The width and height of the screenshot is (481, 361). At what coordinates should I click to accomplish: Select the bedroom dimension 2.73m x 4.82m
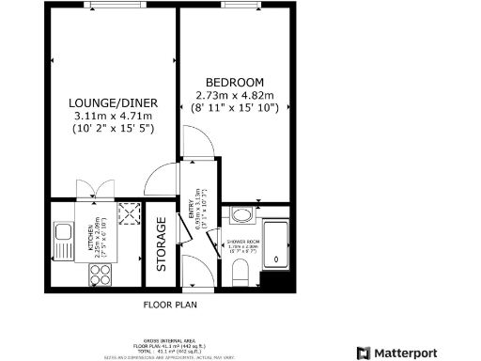click(x=235, y=95)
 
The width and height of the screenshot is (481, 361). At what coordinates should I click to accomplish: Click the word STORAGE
click(x=162, y=244)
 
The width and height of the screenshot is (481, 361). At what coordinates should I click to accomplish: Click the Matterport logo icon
click(x=363, y=353)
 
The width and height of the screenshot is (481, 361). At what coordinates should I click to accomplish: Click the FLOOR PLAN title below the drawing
click(x=170, y=305)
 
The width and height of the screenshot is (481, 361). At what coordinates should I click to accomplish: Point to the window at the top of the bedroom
click(x=237, y=7)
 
